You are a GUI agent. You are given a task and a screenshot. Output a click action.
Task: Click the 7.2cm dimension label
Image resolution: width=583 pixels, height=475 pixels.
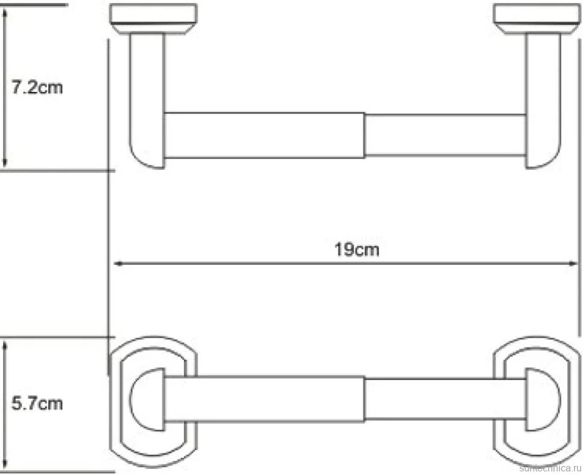(x=37, y=88)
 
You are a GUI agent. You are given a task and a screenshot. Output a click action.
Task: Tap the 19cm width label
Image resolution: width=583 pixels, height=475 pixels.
(x=356, y=249)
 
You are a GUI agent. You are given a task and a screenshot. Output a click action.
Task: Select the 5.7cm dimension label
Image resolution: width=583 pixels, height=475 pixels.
(x=37, y=404)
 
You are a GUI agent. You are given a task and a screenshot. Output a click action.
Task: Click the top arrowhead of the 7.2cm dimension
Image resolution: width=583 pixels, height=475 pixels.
(x=4, y=14)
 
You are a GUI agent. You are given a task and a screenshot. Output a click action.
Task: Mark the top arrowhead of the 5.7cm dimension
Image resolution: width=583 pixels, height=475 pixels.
(x=4, y=346)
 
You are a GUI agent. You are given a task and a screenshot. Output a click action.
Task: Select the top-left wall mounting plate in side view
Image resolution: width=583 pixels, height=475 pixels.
(x=153, y=19)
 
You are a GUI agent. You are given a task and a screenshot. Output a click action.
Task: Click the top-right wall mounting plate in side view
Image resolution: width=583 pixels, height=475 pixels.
(x=537, y=19)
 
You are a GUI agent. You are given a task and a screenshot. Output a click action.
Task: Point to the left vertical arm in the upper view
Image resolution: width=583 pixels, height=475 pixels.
(x=147, y=100)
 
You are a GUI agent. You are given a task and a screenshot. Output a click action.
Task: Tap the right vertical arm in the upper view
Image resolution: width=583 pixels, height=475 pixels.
(x=543, y=100)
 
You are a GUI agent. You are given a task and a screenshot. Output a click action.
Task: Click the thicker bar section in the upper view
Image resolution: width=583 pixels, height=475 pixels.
(x=264, y=135)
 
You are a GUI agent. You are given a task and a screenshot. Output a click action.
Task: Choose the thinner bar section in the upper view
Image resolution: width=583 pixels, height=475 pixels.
(x=445, y=135)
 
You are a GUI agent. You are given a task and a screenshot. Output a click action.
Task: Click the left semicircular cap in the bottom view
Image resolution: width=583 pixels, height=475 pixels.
(x=147, y=399)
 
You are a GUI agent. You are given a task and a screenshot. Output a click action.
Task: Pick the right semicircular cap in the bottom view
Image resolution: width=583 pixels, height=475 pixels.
(x=543, y=399)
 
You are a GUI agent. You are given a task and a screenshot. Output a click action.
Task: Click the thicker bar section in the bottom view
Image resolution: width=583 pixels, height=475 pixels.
(x=264, y=399)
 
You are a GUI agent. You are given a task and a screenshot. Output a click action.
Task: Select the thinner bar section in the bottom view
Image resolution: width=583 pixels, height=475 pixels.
(x=445, y=399)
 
